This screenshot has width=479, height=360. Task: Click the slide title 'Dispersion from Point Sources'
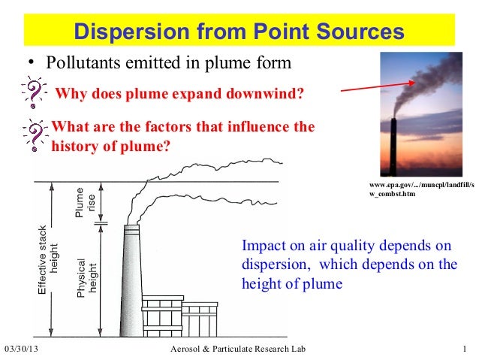(x=239, y=32)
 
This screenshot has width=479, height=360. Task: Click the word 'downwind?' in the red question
(x=270, y=94)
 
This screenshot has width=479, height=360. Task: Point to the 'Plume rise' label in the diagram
(x=84, y=201)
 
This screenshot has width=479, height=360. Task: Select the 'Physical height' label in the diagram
(x=87, y=278)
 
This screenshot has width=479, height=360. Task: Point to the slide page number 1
(x=466, y=350)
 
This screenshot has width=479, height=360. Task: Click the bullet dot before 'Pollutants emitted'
(x=32, y=63)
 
